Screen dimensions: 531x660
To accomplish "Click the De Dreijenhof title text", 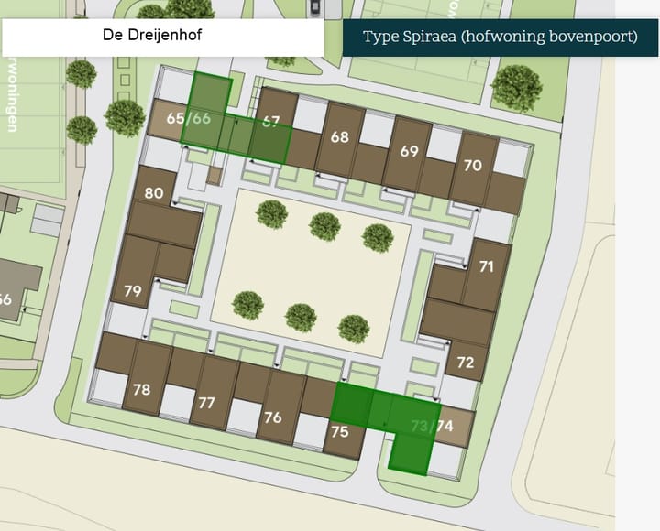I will [x=152, y=37].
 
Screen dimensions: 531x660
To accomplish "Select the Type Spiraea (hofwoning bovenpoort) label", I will [x=500, y=38].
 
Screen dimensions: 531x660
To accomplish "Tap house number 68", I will [x=340, y=137].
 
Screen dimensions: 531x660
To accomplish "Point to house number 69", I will [x=409, y=151].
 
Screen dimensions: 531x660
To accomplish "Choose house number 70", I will [x=473, y=166].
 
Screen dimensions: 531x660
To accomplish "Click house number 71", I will [x=487, y=266].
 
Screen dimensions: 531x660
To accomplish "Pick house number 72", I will [x=465, y=363].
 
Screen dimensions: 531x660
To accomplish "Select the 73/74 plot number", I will [x=432, y=426].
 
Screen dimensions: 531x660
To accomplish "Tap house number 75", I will [x=340, y=431].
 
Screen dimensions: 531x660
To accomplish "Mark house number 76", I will [x=272, y=417].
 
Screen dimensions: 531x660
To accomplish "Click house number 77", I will [x=206, y=403].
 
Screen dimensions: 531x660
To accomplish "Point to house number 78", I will [x=141, y=389].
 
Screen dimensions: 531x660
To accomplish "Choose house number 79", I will [x=133, y=291].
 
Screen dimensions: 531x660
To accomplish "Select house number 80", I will [x=154, y=193].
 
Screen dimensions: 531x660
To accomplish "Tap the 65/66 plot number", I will [x=188, y=119].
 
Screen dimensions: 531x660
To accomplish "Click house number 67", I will [x=270, y=122].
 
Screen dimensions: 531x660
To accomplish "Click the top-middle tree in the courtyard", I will [x=324, y=226].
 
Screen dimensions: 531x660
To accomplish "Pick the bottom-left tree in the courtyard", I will [x=247, y=305].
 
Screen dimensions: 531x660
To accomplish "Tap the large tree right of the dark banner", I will [x=516, y=88].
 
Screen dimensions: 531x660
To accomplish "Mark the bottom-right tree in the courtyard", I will [x=354, y=329].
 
